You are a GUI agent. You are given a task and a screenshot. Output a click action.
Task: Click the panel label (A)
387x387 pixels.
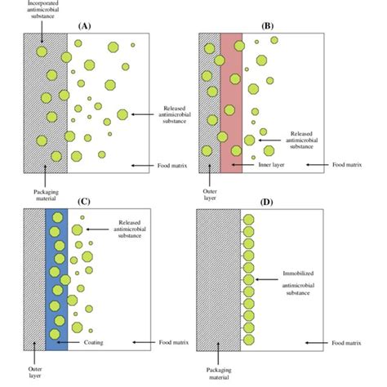point(85,26)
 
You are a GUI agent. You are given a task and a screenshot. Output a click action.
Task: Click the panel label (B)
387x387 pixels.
point(267,26)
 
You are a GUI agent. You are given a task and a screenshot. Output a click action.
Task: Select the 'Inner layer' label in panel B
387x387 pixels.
point(259,165)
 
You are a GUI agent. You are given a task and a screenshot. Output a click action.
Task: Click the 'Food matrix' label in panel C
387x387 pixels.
point(171,343)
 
